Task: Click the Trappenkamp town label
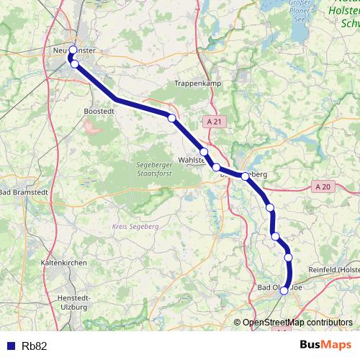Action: click(196, 84)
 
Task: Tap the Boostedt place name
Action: click(99, 112)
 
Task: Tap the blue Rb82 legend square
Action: click(10, 346)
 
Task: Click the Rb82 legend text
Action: click(35, 346)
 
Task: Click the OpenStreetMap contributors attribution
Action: click(297, 323)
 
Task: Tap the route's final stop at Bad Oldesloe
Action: click(284, 290)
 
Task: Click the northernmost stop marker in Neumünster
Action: click(73, 50)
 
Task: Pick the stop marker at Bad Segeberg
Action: click(245, 176)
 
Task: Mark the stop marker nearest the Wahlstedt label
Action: click(204, 152)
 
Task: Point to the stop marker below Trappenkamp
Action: click(171, 118)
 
